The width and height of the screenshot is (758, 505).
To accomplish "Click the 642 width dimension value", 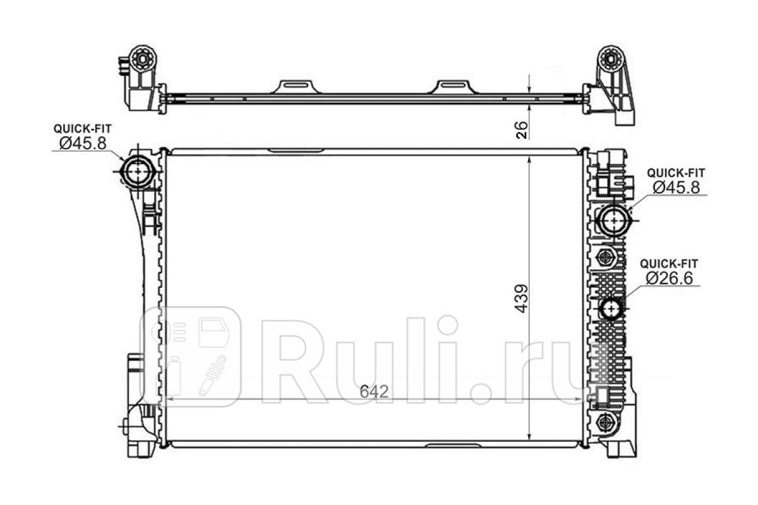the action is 374,392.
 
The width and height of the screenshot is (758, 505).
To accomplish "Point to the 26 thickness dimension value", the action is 522,130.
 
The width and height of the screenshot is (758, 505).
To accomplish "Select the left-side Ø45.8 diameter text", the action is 83,143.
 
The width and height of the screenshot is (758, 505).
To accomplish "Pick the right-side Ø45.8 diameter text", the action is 677,187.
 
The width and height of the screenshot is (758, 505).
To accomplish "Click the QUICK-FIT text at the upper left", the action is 83,128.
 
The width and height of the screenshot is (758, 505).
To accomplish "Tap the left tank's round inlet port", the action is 138,172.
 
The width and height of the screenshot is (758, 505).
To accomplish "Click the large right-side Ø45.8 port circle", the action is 615,220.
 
